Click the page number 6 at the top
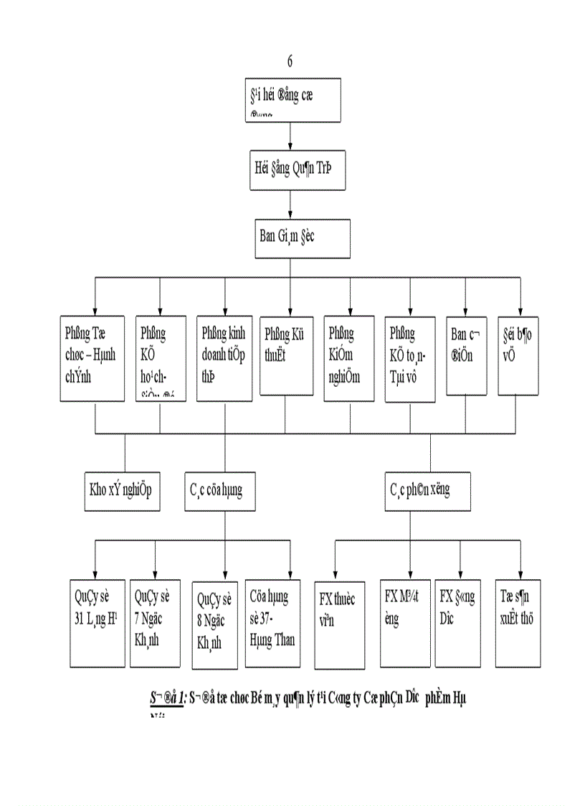[290, 60]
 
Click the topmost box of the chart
[290, 101]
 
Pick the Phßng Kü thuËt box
[285, 355]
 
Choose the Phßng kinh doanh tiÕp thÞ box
[224, 358]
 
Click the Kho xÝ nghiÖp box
[125, 491]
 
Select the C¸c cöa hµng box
[225, 491]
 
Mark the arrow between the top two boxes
[290, 136]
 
